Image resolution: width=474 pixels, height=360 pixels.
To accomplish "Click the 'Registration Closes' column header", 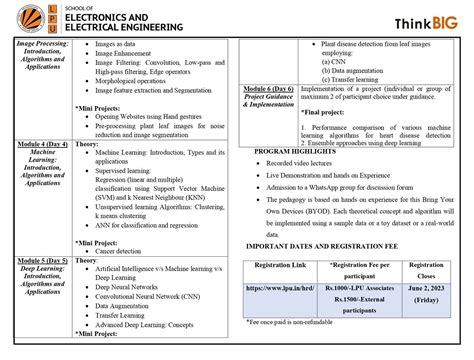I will pyautogui.click(x=428, y=269).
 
